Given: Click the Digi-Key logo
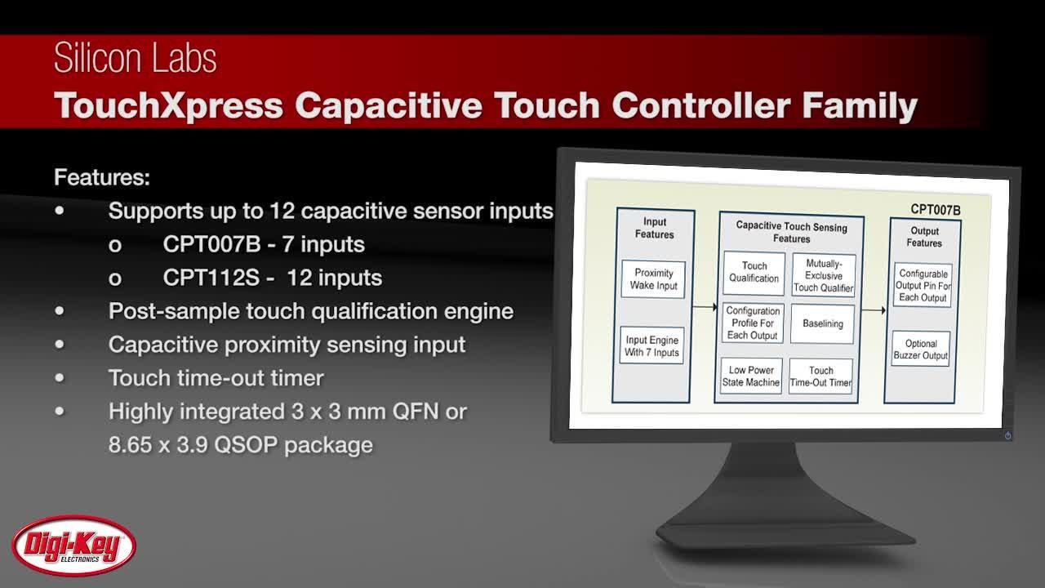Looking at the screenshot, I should tap(73, 546).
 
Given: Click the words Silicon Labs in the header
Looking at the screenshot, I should tap(136, 59).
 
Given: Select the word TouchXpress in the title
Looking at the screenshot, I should tap(168, 106).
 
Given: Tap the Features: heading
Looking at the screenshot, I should tap(102, 177).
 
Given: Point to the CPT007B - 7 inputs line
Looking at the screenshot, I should tap(263, 244).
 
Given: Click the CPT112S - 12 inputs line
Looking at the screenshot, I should tap(272, 278).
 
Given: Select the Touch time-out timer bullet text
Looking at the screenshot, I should tap(216, 378).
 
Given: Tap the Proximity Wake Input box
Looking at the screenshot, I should tap(652, 279).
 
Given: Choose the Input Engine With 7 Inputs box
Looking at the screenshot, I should tap(651, 346).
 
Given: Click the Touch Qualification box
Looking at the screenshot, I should tap(754, 273).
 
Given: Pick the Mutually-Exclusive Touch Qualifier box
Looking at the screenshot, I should tap(823, 276).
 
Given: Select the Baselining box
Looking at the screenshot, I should tap(822, 324).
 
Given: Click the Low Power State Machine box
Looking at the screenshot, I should tap(751, 376).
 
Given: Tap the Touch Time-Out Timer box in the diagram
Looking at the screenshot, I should tap(820, 376).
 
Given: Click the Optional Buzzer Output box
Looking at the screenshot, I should tap(921, 350).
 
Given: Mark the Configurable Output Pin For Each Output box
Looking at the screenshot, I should tap(923, 286).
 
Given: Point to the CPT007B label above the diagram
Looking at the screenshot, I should tap(935, 210).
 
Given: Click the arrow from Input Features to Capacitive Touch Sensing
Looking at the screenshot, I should tap(704, 307).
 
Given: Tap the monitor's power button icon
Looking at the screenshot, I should tap(1007, 435).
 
